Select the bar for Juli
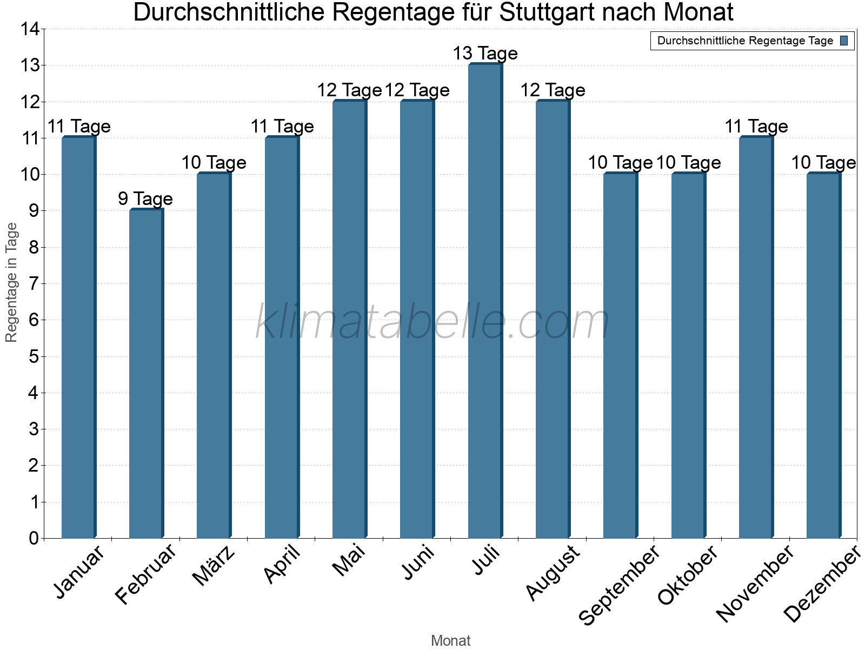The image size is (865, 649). (x=485, y=301)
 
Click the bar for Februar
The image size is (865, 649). (x=146, y=374)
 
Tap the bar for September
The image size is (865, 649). (x=620, y=356)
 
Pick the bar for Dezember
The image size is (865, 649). (x=823, y=356)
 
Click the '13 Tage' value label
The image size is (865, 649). (x=485, y=54)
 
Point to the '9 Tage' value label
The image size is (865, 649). (x=145, y=199)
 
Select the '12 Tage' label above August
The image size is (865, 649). (x=553, y=90)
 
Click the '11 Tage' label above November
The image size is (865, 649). (x=756, y=127)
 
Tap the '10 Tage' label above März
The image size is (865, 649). (x=214, y=163)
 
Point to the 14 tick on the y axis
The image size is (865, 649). (x=30, y=29)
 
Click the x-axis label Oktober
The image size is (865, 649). (x=688, y=575)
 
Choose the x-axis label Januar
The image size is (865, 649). (x=79, y=573)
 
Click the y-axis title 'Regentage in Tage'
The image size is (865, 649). (x=11, y=282)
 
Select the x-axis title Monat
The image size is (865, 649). (x=450, y=640)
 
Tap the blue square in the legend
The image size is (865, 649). (x=844, y=41)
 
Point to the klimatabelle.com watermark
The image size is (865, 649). (x=432, y=322)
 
